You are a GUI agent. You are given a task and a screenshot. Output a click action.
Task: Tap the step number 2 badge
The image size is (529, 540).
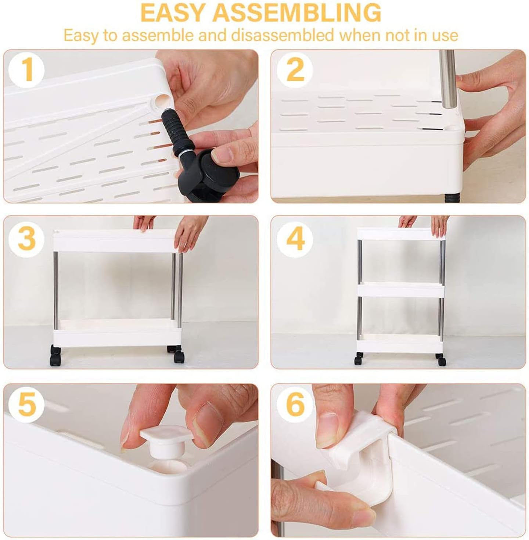tap(295, 71)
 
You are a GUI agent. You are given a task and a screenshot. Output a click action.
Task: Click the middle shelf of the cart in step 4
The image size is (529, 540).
tap(401, 290)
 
